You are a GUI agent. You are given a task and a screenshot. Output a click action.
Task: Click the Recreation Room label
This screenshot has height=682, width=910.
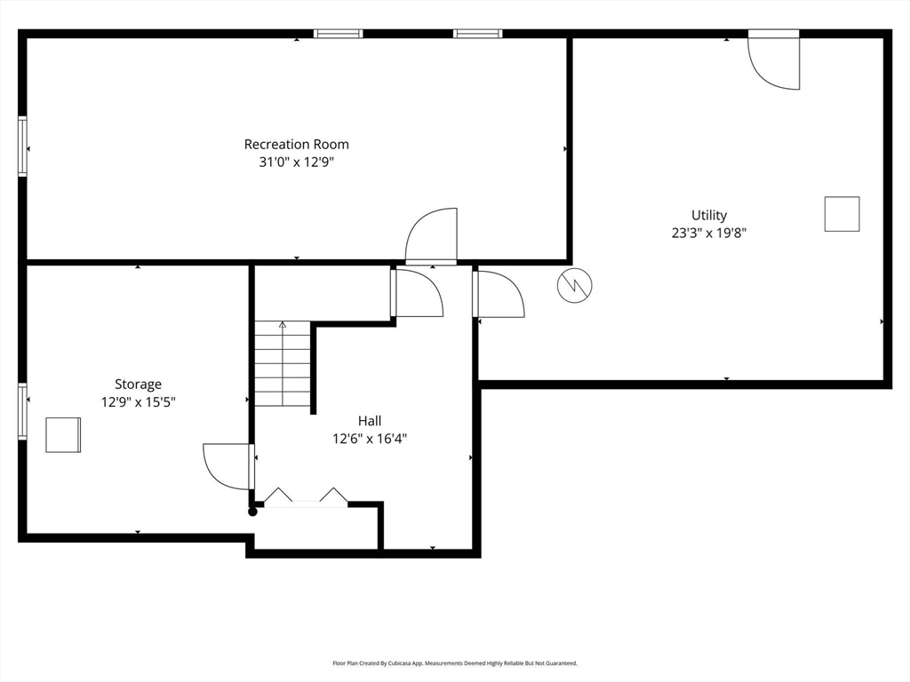[297, 144]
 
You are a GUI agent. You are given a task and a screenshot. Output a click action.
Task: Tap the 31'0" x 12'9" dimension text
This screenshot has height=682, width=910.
[297, 162]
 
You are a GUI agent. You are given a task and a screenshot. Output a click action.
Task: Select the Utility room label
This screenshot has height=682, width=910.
[709, 215]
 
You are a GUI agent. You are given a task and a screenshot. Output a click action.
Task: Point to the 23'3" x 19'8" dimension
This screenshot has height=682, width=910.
[709, 234]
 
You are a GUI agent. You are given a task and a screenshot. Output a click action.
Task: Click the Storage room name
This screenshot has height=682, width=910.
[138, 384]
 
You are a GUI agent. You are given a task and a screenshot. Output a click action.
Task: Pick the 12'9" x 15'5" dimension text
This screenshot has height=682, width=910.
[138, 402]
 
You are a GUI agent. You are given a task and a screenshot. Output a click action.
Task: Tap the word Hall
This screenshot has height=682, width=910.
[370, 420]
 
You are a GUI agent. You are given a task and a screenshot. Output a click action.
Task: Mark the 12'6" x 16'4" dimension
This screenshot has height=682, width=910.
[370, 439]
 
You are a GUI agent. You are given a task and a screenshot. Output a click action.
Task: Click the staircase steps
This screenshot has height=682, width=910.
[283, 363]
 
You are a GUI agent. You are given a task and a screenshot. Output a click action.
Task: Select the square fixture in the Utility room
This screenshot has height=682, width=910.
[842, 214]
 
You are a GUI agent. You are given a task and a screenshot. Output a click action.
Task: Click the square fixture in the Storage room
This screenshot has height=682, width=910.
[63, 434]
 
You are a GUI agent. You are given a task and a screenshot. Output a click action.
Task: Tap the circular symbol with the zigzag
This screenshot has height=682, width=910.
[575, 285]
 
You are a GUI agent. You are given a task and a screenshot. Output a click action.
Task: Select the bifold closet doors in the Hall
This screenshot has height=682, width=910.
[306, 497]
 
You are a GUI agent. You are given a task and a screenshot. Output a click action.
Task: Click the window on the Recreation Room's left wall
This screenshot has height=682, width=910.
[22, 147]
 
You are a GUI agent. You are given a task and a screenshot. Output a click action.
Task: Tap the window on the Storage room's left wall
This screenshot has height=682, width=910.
[22, 410]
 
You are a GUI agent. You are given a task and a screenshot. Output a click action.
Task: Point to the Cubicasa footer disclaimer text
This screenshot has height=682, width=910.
[455, 662]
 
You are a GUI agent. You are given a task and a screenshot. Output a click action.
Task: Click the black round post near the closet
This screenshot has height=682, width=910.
[252, 511]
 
